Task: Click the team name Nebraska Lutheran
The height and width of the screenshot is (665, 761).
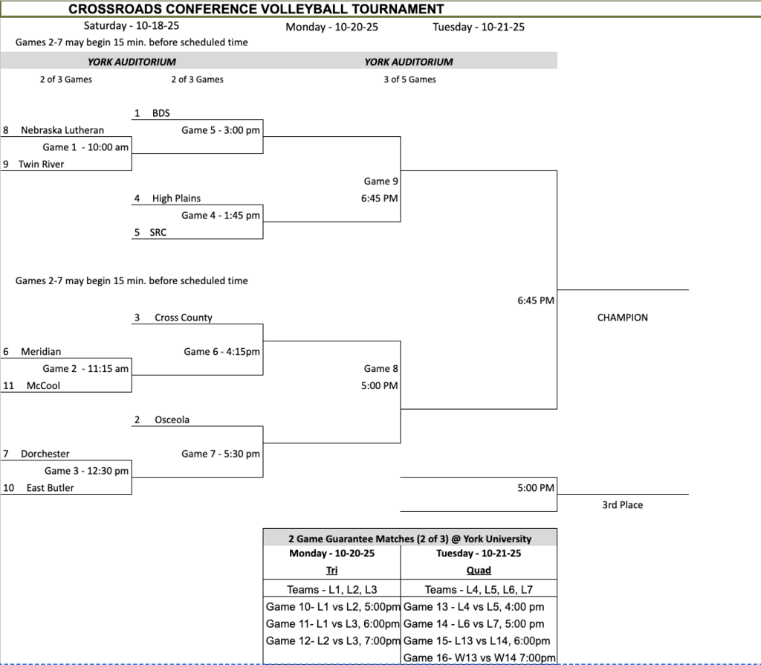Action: pos(62,130)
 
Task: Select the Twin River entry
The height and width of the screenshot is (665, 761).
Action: pos(41,164)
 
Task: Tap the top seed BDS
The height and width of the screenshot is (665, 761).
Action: pos(161,113)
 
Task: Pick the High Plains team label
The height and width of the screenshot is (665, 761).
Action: pos(176,199)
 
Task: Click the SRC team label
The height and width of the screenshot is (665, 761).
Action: pos(158,232)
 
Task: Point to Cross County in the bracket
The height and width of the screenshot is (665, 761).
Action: pos(183,318)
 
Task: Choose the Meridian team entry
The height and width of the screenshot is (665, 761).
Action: pos(41,351)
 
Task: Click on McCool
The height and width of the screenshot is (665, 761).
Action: pos(43,385)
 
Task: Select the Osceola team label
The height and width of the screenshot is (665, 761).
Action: pos(172,420)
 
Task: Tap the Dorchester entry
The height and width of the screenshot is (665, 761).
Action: pos(45,454)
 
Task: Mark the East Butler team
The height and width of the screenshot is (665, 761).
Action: pos(50,488)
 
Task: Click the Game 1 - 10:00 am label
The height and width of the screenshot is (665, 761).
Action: pos(85,147)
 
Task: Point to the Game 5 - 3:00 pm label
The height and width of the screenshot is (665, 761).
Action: pos(221,130)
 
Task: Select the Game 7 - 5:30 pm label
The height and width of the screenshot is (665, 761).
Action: pos(221,454)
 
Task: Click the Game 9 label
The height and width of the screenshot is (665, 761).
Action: pos(380,181)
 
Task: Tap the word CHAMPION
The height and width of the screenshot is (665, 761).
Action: pos(622,318)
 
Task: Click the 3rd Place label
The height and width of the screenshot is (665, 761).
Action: pos(622,505)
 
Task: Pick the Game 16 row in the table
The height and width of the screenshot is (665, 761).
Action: pos(479,658)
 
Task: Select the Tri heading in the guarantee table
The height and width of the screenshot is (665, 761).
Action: pos(331,571)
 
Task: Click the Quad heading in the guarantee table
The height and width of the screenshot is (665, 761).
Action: pos(479,571)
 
